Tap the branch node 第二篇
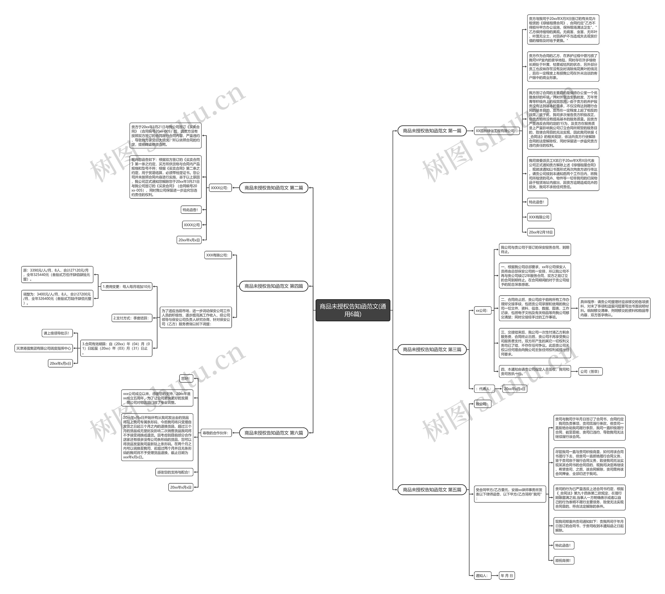[274, 188]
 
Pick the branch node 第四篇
[274, 286]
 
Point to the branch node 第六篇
[274, 433]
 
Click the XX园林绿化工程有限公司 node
[496, 131]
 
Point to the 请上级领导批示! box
[57, 333]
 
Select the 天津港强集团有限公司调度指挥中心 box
[44, 348]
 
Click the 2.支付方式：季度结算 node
[131, 318]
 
